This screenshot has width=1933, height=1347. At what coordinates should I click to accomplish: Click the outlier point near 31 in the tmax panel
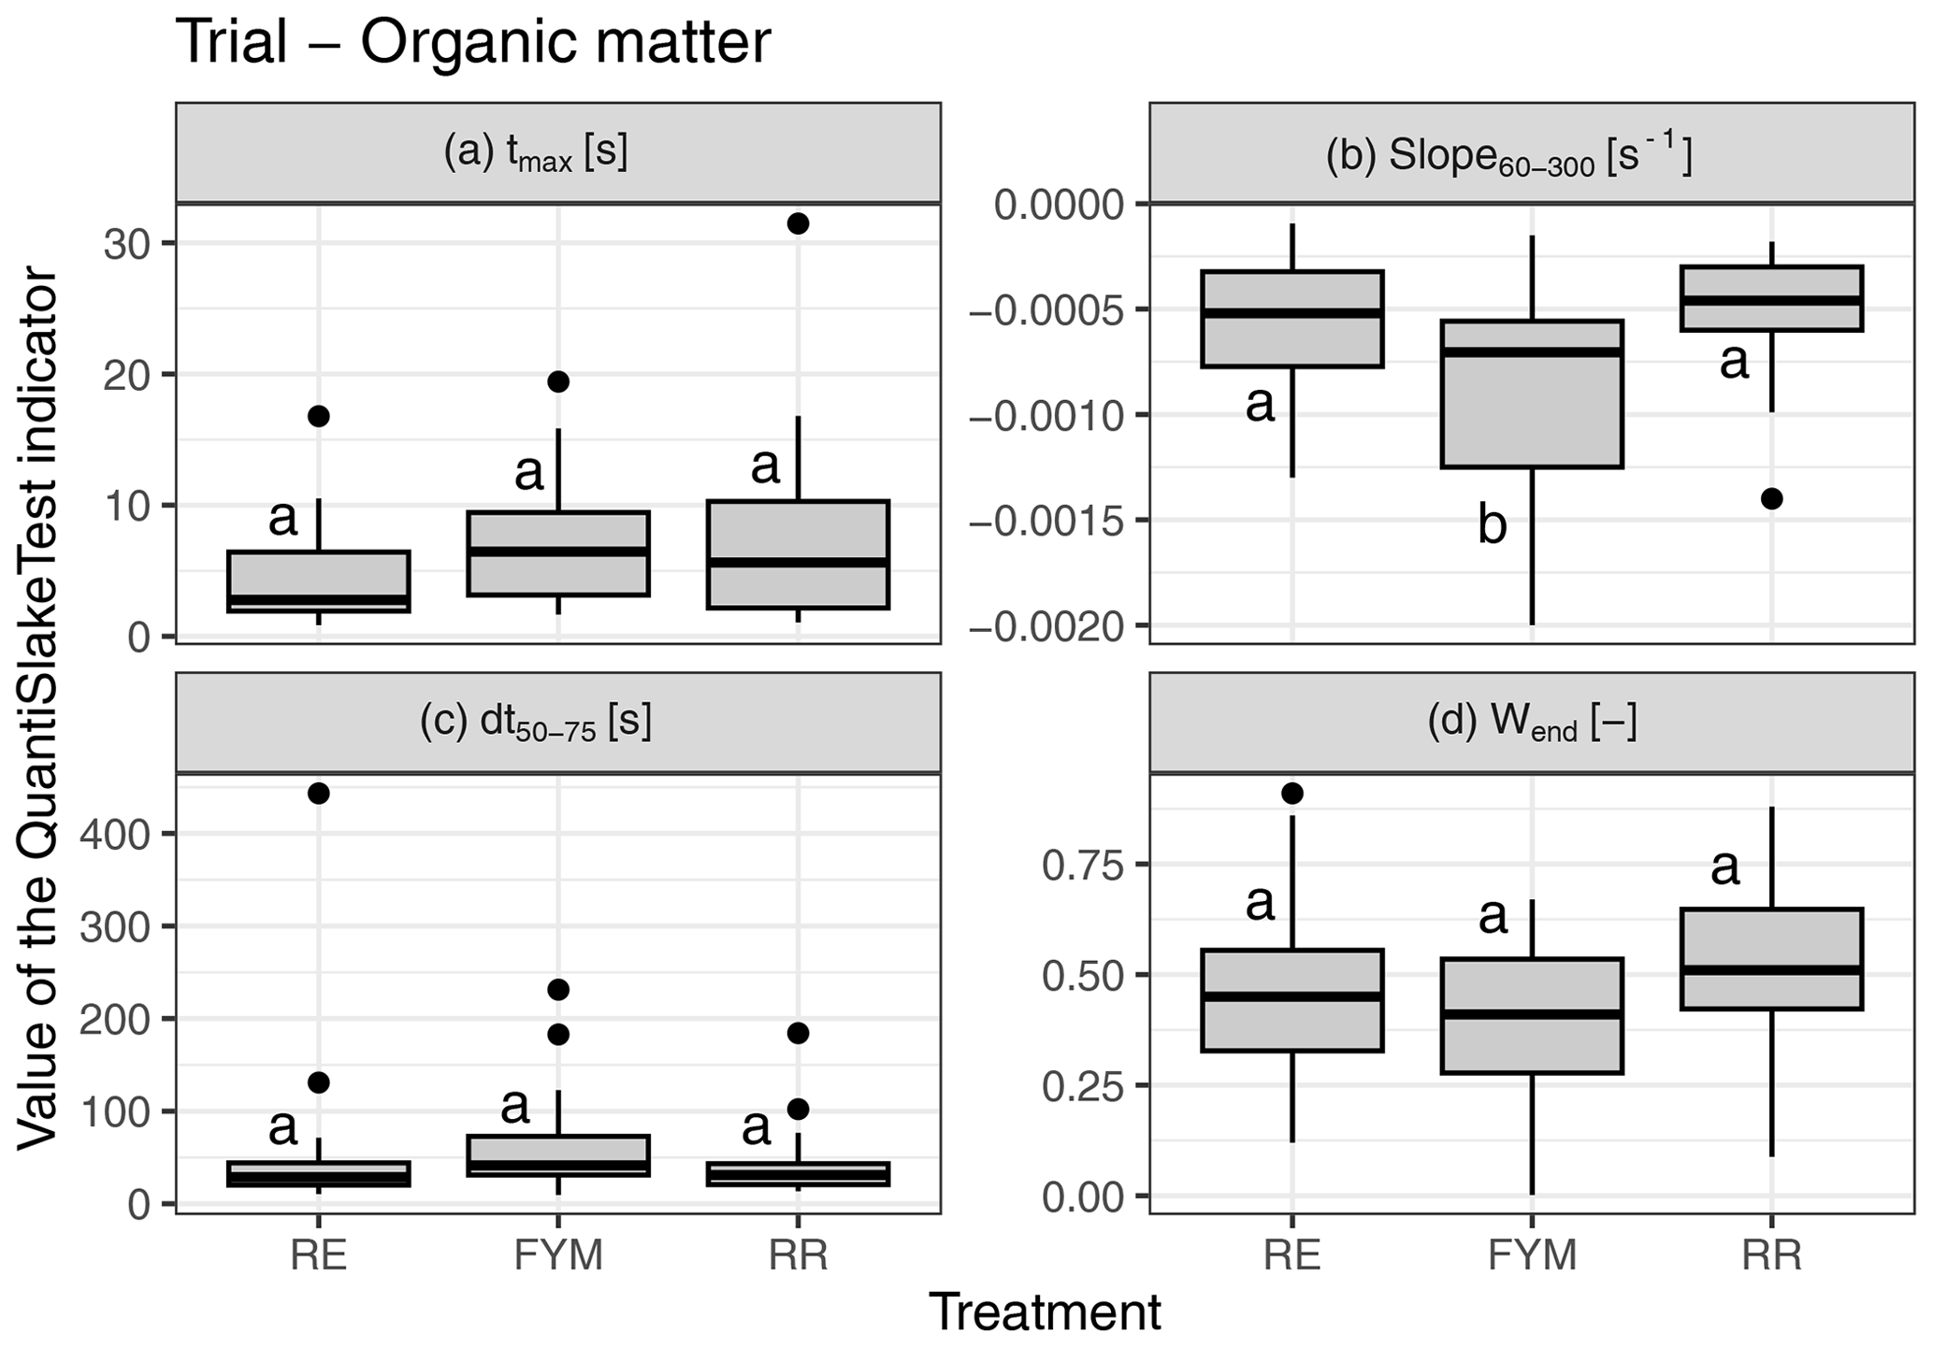798,223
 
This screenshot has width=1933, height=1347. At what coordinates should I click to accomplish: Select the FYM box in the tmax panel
558,553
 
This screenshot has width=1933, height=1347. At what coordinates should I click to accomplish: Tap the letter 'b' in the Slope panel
1492,525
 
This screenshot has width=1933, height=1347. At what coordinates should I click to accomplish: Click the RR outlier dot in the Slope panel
1771,499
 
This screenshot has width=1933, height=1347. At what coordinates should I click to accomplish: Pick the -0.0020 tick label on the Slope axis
1046,626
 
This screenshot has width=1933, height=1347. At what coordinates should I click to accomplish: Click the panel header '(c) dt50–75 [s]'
535,724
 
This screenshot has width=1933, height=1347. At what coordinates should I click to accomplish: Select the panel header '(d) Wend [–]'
1532,724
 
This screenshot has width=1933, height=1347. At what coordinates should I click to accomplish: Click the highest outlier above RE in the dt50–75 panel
319,794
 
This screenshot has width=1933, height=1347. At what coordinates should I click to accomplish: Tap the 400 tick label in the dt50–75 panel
115,834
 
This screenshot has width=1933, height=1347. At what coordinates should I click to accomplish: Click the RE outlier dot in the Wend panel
1292,794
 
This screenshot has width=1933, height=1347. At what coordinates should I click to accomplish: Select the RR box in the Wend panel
1771,959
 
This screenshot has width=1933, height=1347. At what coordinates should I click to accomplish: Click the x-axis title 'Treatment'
1045,1311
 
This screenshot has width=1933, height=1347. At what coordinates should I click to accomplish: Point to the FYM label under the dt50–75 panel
558,1254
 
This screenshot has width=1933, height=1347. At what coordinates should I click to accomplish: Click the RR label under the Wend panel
1771,1254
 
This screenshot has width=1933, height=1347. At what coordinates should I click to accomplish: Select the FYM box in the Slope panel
1532,394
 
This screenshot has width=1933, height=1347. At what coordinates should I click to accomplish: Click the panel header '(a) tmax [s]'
535,153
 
